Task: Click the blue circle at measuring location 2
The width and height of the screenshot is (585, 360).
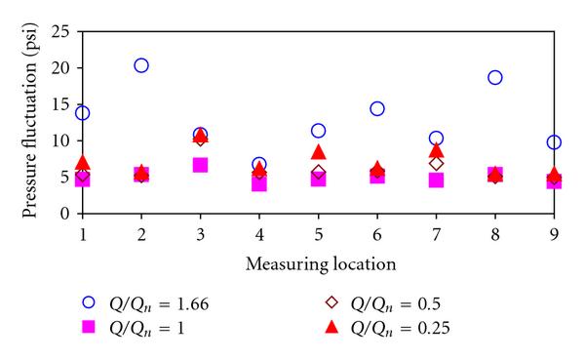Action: pos(141,65)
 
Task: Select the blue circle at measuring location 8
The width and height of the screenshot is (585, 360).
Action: pos(495,77)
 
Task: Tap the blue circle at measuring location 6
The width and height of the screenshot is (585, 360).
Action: pos(377,108)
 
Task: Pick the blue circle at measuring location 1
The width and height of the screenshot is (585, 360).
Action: pos(83,113)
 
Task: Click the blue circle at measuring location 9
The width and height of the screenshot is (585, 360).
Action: pos(554,142)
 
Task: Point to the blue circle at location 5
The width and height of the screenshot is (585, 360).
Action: pos(318,131)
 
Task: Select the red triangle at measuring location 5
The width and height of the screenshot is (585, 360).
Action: pos(318,152)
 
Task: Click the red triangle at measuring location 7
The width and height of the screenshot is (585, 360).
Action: pos(436,150)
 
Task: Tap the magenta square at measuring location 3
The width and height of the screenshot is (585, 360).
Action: pos(200,165)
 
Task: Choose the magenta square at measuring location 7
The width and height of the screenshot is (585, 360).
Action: pos(436,180)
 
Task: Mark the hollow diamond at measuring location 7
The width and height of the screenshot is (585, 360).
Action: pos(436,163)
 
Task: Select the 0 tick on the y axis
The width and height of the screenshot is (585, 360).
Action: pos(64,213)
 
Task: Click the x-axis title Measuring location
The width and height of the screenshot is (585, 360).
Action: pos(317,262)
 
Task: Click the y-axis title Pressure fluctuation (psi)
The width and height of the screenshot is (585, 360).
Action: pos(23,122)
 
